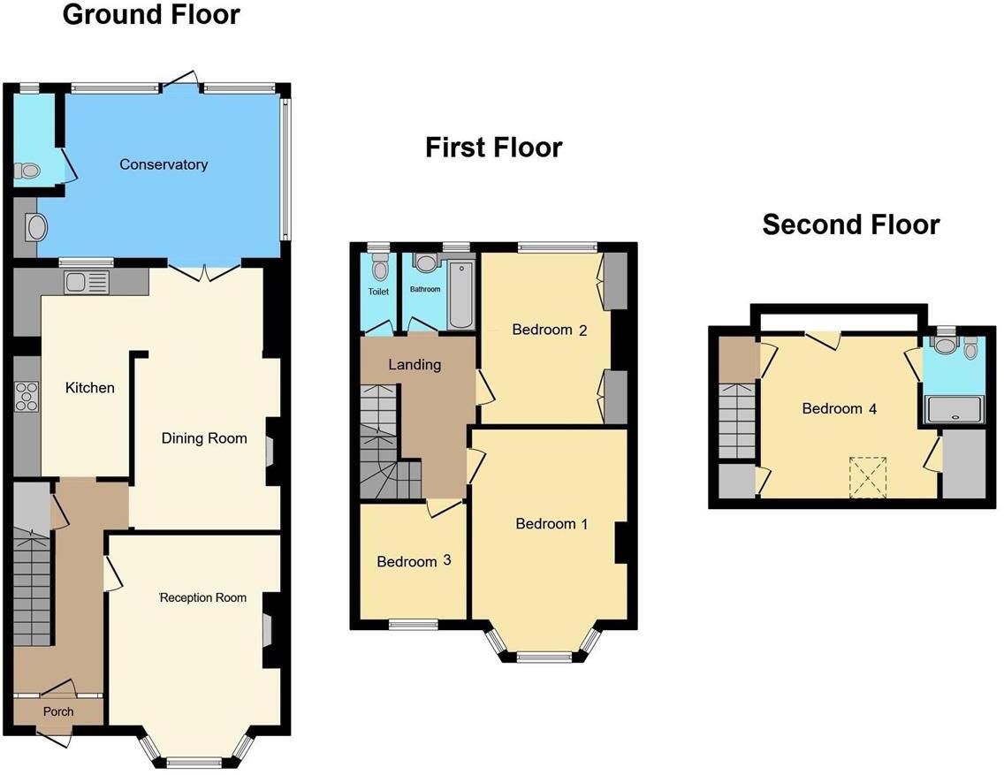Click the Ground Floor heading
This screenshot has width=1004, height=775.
coord(150,15)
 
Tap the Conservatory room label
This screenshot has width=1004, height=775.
coord(164,164)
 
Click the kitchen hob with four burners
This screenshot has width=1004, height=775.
coord(27,396)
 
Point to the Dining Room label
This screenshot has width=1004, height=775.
coord(203,438)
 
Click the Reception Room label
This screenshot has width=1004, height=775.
coord(202,598)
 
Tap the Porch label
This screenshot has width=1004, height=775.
coord(58,711)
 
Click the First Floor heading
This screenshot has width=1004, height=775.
coord(493,147)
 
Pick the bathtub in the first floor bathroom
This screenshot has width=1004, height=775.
coord(461,293)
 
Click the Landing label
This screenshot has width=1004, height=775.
coord(415,364)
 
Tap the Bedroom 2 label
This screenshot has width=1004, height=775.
coord(550,331)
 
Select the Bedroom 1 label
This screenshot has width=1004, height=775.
coord(551,524)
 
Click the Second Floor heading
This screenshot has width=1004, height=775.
coord(850,224)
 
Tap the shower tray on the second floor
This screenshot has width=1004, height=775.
coord(953,410)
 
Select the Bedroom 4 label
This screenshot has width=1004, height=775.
coord(839,409)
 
